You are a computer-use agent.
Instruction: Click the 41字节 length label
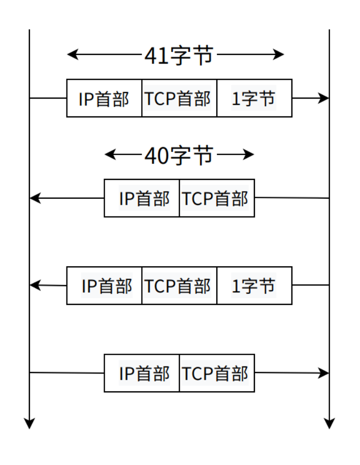(x=178, y=55)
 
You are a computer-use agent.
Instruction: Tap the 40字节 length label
(x=178, y=156)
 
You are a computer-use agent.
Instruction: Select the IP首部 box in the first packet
(x=104, y=98)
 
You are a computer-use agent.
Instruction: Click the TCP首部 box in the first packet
(x=179, y=98)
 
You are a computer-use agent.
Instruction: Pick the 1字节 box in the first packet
(x=254, y=98)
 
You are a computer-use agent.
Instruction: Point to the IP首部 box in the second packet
(x=142, y=198)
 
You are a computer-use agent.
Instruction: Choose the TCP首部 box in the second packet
(x=217, y=198)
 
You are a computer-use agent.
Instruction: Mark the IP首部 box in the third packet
(x=104, y=286)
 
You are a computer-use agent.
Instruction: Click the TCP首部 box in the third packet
(x=179, y=286)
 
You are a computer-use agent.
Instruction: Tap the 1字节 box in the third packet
(x=254, y=286)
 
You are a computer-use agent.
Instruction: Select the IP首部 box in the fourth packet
(x=142, y=373)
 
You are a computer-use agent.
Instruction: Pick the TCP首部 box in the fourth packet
(x=217, y=373)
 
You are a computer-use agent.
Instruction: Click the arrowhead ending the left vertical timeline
(x=30, y=423)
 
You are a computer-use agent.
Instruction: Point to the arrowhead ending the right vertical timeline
(x=330, y=423)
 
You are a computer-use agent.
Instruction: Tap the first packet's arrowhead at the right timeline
(x=323, y=98)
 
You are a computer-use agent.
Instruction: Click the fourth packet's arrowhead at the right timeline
(x=323, y=373)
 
